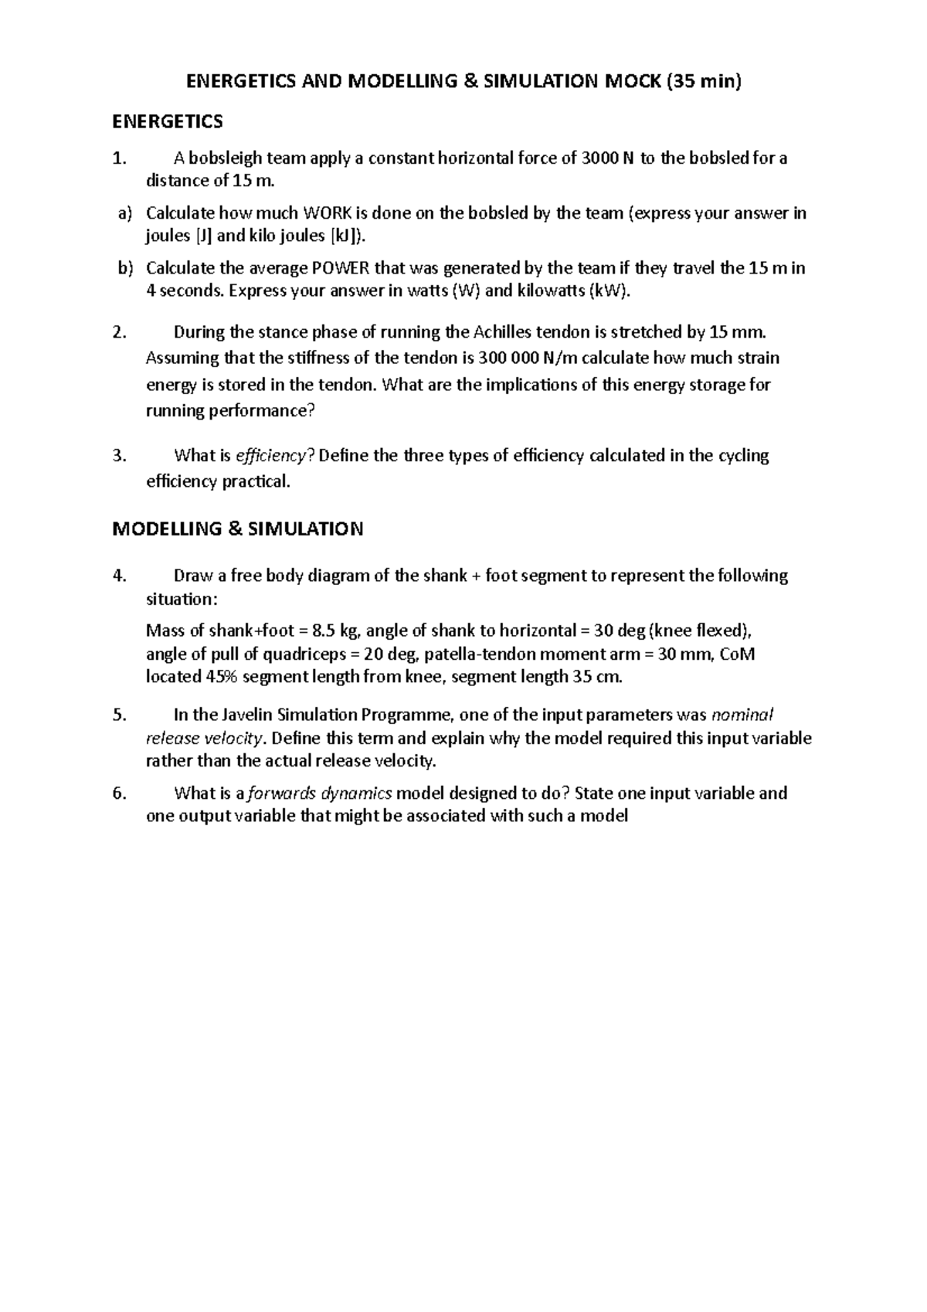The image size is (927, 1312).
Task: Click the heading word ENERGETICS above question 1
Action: coord(168,121)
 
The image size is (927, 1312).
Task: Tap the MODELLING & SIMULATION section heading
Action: coord(237,529)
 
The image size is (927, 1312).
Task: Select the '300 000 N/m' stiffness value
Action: coord(525,359)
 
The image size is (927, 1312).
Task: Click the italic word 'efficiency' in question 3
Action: coord(270,456)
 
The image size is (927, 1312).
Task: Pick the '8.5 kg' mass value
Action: coord(331,630)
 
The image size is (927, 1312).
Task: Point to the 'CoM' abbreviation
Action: coord(737,654)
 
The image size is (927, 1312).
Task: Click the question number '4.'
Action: coord(119,576)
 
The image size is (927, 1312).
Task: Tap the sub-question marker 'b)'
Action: coord(125,269)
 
